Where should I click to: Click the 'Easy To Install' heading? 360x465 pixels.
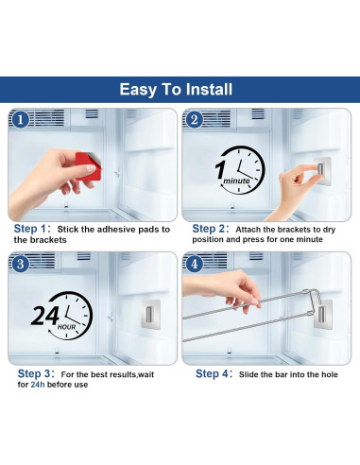pos(176,90)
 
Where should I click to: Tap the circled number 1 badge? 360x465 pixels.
pos(20,120)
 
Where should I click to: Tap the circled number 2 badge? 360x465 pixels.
pos(194,120)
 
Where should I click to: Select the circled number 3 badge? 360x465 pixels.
pos(20,264)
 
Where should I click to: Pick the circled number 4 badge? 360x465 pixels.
pos(194,264)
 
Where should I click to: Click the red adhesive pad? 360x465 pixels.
pos(89,166)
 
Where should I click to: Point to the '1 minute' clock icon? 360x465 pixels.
pos(240,170)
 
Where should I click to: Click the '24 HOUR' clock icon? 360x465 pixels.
pos(62,316)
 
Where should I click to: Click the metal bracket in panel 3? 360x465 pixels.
pos(150,315)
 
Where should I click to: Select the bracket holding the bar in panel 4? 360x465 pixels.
pos(323,315)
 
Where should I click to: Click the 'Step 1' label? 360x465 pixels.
pos(32,229)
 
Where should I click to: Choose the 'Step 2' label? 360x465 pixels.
pos(211,229)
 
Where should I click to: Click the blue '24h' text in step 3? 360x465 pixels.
pos(38,385)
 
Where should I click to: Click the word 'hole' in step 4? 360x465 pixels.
pos(330,374)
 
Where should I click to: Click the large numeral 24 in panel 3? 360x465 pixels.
pos(45,316)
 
